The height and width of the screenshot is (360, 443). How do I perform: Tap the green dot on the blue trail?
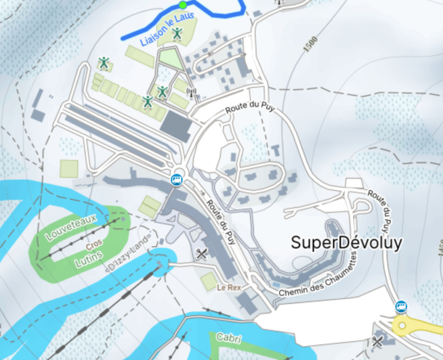coord(183,5)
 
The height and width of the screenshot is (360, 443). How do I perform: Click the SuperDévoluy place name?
coord(346,243)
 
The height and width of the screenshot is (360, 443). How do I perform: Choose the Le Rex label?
coord(228,288)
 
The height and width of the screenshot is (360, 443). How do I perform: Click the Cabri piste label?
coord(228,337)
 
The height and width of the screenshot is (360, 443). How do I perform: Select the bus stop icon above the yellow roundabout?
coord(401,306)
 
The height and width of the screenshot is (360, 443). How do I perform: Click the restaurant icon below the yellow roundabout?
coord(378,341)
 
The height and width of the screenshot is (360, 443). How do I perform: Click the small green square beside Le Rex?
coord(209,281)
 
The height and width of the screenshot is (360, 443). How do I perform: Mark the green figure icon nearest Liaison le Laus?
coord(177,33)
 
